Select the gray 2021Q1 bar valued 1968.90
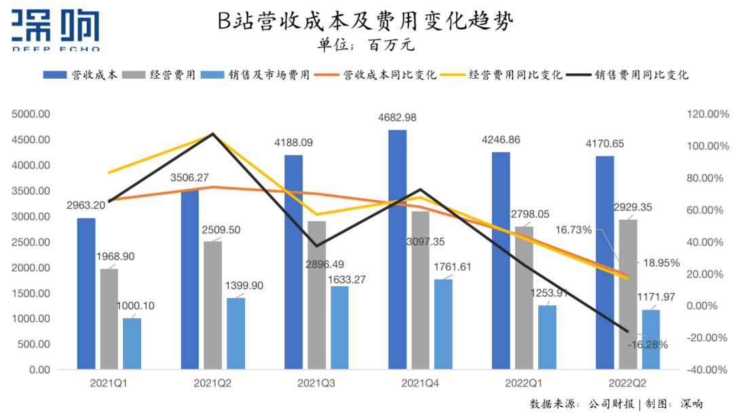click(109, 319)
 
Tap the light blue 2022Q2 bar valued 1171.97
click(650, 339)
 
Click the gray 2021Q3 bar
click(316, 295)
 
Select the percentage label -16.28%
click(647, 345)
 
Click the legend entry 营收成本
click(81, 75)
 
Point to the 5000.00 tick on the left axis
click(30, 114)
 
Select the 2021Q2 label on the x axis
click(212, 383)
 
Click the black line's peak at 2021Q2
click(212, 134)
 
